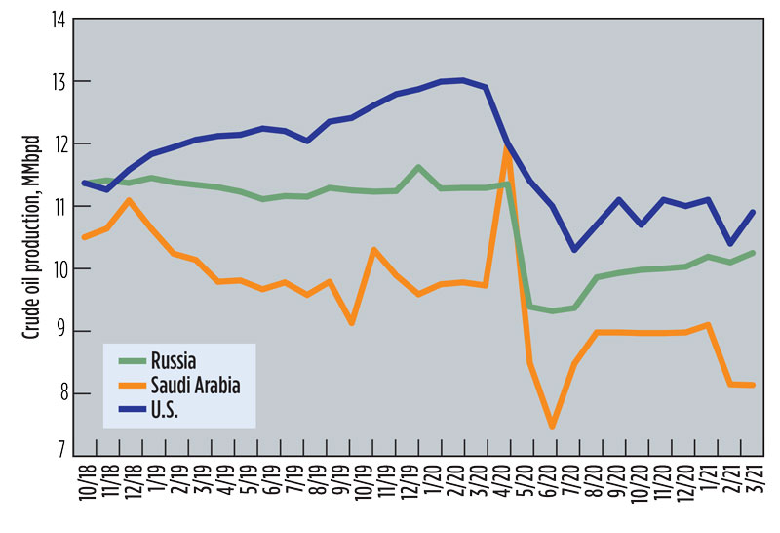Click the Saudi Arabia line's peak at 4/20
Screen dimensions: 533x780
[x=507, y=147]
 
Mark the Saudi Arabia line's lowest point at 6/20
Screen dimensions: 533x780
[x=553, y=427]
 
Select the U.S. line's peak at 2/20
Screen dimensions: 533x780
[x=462, y=80]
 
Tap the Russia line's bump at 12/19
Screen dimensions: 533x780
[x=418, y=167]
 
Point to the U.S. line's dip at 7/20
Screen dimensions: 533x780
[x=575, y=250]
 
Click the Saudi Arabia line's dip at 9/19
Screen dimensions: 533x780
[x=352, y=323]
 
